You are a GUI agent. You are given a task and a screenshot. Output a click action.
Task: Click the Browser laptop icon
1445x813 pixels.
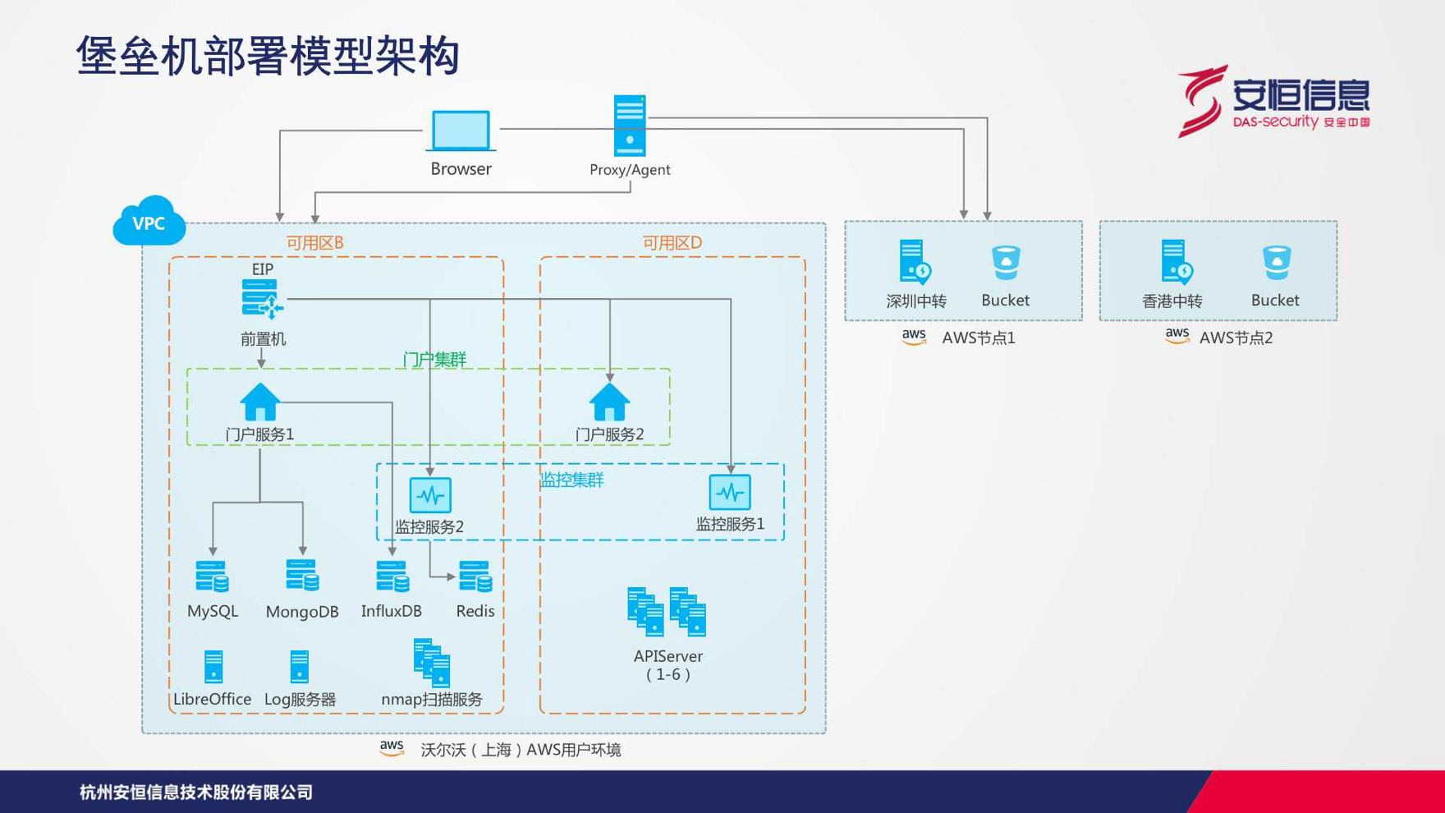click(461, 131)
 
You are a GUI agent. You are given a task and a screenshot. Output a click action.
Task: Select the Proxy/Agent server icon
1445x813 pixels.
click(630, 126)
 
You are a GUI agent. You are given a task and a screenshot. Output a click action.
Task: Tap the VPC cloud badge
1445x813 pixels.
click(149, 221)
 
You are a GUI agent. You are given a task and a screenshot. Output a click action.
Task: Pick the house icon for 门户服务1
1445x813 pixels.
click(260, 402)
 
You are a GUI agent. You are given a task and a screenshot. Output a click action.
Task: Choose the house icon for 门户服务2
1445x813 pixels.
click(609, 402)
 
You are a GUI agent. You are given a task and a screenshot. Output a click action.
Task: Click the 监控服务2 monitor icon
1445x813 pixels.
click(430, 495)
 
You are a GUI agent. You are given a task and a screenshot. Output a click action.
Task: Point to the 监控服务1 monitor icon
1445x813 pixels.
click(730, 493)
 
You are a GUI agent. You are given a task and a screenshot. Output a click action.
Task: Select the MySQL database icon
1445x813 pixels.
click(213, 576)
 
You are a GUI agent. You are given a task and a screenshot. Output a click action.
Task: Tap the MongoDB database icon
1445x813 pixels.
click(302, 575)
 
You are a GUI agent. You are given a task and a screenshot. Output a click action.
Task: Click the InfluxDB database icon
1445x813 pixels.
click(392, 576)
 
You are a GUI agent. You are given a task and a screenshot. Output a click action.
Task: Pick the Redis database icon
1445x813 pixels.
click(475, 576)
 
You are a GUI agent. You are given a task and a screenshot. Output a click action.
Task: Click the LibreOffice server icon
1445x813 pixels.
click(213, 667)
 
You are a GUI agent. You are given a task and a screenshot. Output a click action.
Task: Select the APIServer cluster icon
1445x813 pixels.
click(667, 612)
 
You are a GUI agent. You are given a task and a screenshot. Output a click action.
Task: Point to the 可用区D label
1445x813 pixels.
click(672, 242)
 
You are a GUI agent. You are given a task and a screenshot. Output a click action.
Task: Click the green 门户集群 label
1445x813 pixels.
click(434, 359)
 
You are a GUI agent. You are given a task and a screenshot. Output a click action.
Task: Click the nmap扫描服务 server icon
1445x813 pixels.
click(433, 663)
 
